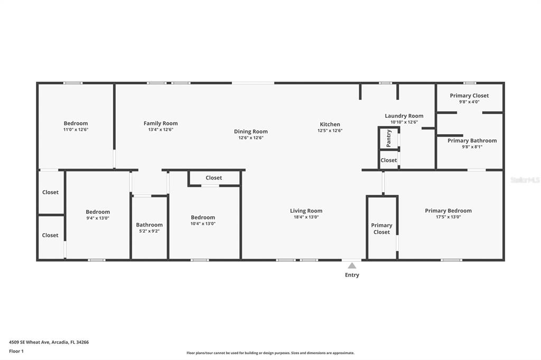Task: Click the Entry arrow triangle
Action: pyautogui.click(x=352, y=266)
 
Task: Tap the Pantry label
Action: pyautogui.click(x=389, y=138)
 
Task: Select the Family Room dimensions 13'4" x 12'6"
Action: pyautogui.click(x=161, y=130)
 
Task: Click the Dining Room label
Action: pyautogui.click(x=251, y=131)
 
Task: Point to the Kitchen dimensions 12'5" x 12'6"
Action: pyautogui.click(x=330, y=131)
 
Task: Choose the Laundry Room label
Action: pyautogui.click(x=404, y=116)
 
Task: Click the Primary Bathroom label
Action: pyautogui.click(x=472, y=140)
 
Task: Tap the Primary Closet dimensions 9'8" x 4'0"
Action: pyautogui.click(x=469, y=102)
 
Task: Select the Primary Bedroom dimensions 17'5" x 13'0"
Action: pyautogui.click(x=448, y=217)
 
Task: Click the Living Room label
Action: pyautogui.click(x=306, y=211)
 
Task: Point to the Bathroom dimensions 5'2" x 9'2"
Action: pyautogui.click(x=150, y=231)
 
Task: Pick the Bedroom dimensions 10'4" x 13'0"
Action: pyautogui.click(x=203, y=223)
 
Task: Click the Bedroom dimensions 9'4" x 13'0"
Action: pyautogui.click(x=98, y=218)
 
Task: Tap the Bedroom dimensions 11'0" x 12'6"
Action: pyautogui.click(x=76, y=130)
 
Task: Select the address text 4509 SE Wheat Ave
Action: pyautogui.click(x=30, y=343)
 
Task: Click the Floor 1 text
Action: pyautogui.click(x=16, y=352)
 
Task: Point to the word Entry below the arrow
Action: pyautogui.click(x=352, y=275)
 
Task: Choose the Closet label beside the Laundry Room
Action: pyautogui.click(x=389, y=160)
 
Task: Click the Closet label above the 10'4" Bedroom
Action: pyautogui.click(x=214, y=178)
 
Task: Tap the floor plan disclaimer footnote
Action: pyautogui.click(x=270, y=353)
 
